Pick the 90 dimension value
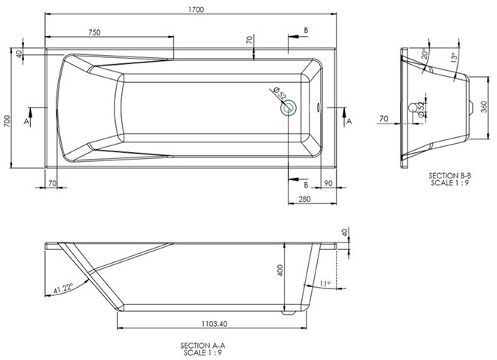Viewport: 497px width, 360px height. coord(329,183)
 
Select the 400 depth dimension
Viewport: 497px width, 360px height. coord(279,271)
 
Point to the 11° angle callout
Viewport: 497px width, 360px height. coord(324,283)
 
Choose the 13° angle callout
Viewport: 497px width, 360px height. coord(453,57)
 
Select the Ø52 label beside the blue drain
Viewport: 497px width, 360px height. coord(276,93)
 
